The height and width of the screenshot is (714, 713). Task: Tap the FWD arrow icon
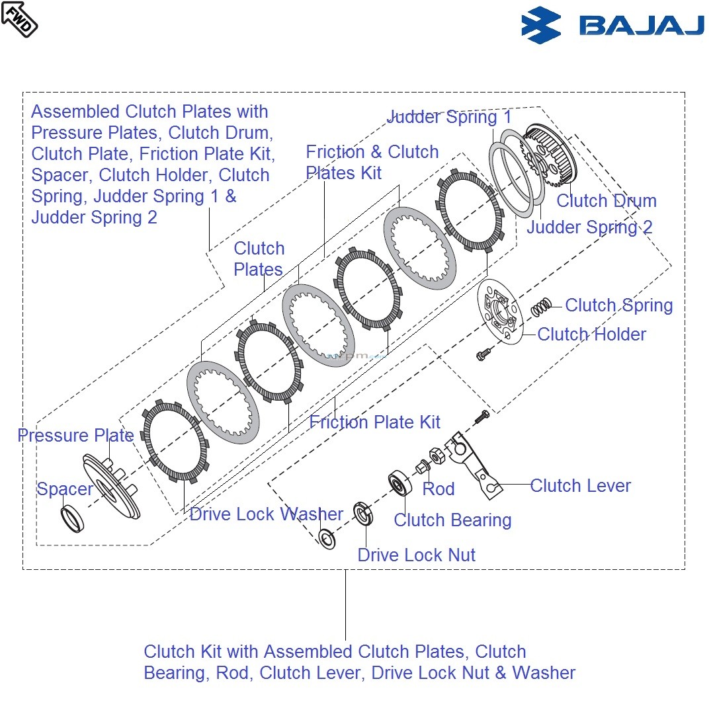coord(19,19)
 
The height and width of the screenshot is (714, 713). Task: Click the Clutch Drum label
coord(606,201)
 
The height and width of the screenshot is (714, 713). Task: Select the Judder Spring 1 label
coord(449,118)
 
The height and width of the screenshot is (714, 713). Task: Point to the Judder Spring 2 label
coord(589,227)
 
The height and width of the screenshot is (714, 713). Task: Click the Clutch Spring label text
coord(618,305)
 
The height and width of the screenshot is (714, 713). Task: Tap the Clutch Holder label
coord(591,335)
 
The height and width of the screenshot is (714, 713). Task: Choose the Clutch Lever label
coord(580,486)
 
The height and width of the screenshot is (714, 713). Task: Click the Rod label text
coord(439,489)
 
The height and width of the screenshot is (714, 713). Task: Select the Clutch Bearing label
coord(452,520)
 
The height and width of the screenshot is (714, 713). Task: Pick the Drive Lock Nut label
coord(416,555)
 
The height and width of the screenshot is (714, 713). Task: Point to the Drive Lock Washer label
coord(266,514)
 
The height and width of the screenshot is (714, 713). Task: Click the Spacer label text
coord(65,489)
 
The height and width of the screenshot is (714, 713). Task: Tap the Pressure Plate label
coord(75,436)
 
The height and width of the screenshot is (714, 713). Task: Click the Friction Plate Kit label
coord(374,422)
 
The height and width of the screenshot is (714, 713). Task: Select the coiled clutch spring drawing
coord(542,307)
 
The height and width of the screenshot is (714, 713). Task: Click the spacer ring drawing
coord(72,518)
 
